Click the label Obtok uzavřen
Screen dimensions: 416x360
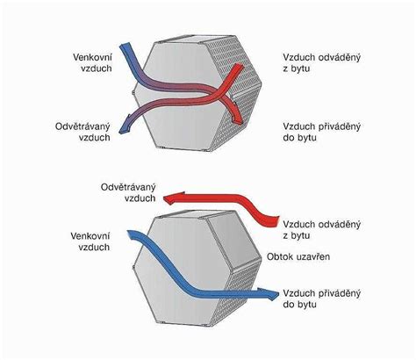click(298, 256)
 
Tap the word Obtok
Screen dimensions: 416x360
click(279, 256)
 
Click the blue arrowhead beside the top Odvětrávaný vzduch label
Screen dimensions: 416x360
click(125, 126)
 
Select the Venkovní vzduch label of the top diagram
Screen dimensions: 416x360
click(92, 62)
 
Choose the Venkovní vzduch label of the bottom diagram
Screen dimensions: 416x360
click(90, 241)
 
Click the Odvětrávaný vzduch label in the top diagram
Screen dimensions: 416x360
click(82, 132)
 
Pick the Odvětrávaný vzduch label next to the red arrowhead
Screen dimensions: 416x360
click(128, 193)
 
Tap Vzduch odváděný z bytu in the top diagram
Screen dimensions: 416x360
click(321, 62)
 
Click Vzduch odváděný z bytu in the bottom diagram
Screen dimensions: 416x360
click(321, 230)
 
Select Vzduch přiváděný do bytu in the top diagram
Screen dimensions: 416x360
click(321, 132)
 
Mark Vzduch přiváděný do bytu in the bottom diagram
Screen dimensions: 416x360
click(321, 299)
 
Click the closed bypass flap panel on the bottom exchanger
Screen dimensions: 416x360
click(236, 241)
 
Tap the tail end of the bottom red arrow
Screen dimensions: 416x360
click(277, 221)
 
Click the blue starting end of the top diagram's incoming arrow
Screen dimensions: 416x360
click(125, 45)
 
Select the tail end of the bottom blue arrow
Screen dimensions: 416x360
click(129, 234)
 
